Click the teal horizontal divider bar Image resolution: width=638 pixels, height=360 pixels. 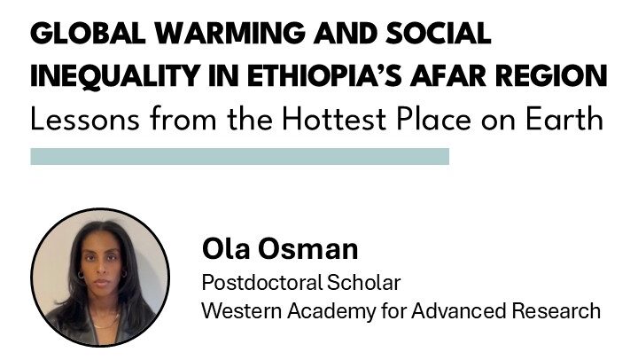tap(239, 157)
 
